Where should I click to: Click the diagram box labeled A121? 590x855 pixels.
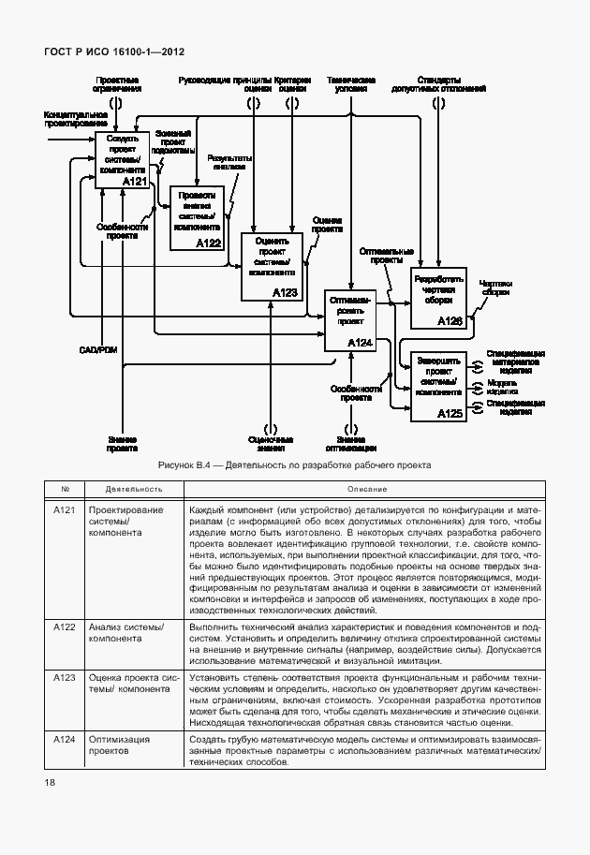[123, 160]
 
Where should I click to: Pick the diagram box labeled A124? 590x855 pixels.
[349, 321]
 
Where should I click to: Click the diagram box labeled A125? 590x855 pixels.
[438, 385]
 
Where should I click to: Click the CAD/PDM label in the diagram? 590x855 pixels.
[96, 349]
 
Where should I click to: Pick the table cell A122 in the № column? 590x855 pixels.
[65, 626]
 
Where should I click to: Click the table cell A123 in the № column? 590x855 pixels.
[65, 676]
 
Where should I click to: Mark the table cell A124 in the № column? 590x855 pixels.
[65, 740]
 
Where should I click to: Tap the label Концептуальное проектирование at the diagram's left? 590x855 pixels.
[75, 119]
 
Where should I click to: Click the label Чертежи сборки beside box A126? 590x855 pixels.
[495, 287]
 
